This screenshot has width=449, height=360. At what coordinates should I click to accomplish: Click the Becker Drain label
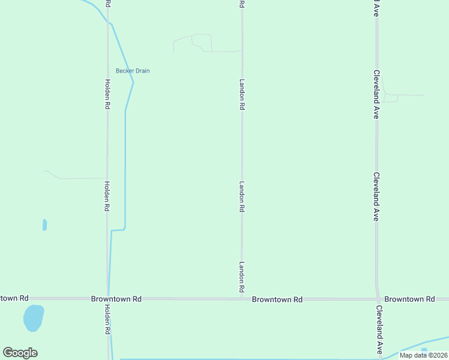pyautogui.click(x=133, y=71)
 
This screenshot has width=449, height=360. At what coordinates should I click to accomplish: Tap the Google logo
pyautogui.click(x=20, y=353)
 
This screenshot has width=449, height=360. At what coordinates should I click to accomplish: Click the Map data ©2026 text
pyautogui.click(x=423, y=355)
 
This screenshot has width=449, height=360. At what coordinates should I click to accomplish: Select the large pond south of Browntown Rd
pyautogui.click(x=33, y=317)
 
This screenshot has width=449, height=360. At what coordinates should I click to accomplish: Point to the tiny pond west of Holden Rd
pyautogui.click(x=44, y=225)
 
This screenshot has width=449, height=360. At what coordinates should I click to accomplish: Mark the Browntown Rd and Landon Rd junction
pyautogui.click(x=242, y=298)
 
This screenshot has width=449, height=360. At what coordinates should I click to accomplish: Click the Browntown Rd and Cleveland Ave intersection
pyautogui.click(x=378, y=298)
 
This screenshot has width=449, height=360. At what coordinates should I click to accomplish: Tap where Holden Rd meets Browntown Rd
pyautogui.click(x=108, y=298)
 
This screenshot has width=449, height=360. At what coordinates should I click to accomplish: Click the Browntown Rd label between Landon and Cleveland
pyautogui.click(x=277, y=299)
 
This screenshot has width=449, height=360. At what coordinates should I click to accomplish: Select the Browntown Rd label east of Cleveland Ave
pyautogui.click(x=409, y=299)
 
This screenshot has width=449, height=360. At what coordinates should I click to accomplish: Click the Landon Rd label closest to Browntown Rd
pyautogui.click(x=242, y=277)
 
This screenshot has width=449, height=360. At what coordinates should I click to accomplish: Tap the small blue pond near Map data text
pyautogui.click(x=424, y=349)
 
